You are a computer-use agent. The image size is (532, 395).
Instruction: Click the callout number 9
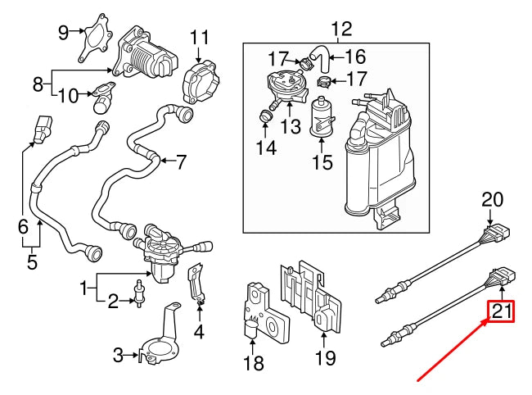tap(64, 32)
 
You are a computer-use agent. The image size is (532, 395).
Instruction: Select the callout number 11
tap(200, 38)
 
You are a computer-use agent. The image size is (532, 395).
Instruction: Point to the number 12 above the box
tap(340, 30)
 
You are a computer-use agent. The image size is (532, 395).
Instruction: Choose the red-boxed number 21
tap(500, 312)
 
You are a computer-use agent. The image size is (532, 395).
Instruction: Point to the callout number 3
tap(118, 355)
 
